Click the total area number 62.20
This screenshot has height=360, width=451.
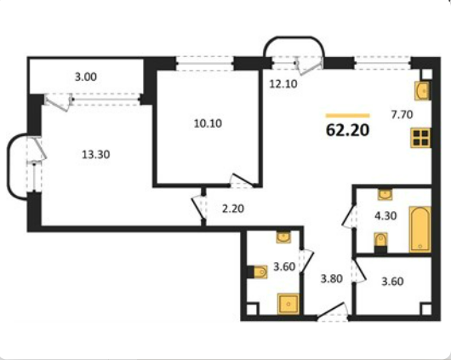(x=347, y=130)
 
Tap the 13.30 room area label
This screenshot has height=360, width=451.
(x=96, y=155)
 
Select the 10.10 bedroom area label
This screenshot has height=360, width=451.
(x=208, y=123)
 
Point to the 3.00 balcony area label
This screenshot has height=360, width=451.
(x=86, y=77)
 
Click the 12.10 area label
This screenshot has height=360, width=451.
(x=283, y=84)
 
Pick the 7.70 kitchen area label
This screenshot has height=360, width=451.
(x=402, y=115)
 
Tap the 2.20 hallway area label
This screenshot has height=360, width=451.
(x=233, y=209)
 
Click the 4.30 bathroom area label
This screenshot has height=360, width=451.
(x=385, y=215)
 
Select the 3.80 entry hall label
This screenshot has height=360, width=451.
(x=332, y=279)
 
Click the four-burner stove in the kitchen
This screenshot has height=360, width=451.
(x=420, y=138)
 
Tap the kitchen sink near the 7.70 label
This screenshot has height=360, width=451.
(x=422, y=91)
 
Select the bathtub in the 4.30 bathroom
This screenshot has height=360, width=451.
(x=420, y=229)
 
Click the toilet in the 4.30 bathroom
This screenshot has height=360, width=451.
(x=380, y=242)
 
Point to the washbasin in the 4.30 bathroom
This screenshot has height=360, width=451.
(x=385, y=194)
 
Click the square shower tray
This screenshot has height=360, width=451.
(x=288, y=304)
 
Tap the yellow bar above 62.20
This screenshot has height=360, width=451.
(x=347, y=116)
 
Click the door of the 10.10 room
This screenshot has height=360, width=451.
(x=243, y=180)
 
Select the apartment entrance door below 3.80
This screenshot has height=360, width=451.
(x=333, y=311)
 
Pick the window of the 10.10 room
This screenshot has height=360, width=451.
(x=204, y=63)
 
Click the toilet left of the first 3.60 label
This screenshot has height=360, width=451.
(x=259, y=271)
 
